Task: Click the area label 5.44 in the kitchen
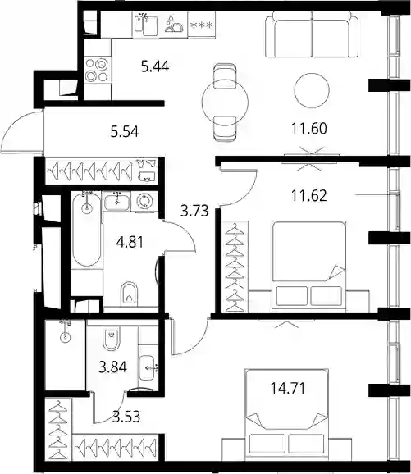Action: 155,66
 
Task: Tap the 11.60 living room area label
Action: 308,128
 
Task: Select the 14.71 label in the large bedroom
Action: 288,388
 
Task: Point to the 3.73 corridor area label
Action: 194,211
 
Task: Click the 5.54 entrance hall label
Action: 125,132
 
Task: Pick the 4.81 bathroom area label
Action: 130,242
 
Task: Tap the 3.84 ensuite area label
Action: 112,367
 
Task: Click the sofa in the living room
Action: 312,34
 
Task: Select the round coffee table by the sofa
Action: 312,90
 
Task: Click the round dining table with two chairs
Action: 225,103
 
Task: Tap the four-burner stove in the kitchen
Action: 97,70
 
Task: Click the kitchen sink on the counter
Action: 145,25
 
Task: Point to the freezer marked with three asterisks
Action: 202,25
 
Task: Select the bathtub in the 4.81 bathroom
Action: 87,230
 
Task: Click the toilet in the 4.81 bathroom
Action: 129,294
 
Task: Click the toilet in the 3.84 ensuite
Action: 112,338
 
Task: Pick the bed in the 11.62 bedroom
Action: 308,267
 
